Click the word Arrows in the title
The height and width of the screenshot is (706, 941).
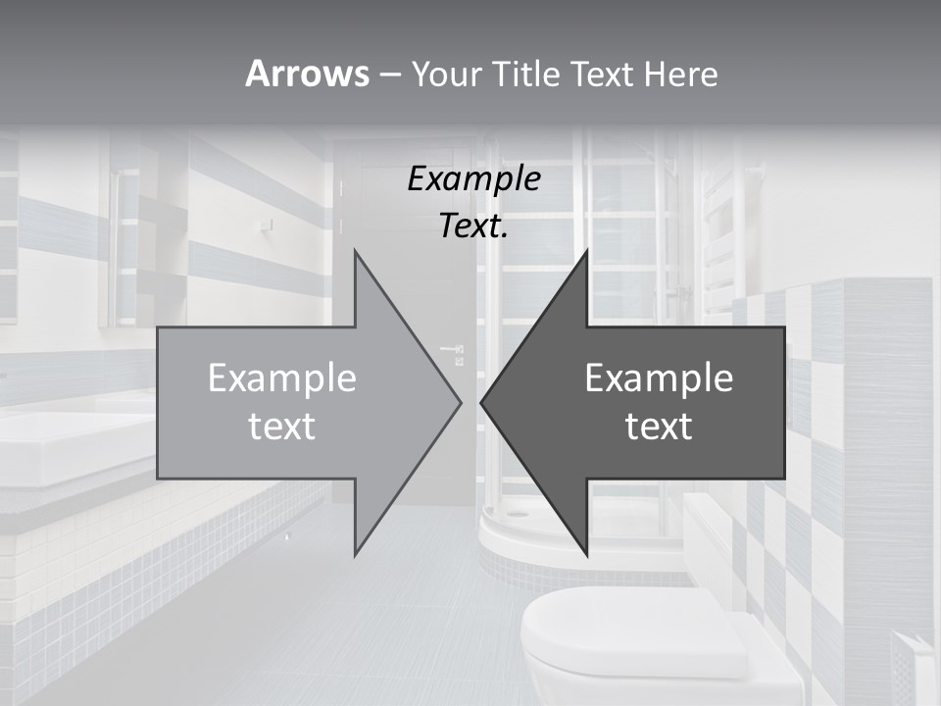click(x=307, y=74)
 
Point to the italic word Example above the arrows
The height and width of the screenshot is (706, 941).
click(x=473, y=178)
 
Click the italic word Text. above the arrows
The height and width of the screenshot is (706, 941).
click(x=473, y=227)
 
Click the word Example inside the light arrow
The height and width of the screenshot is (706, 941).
click(x=282, y=378)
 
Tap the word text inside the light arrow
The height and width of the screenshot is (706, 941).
click(x=282, y=427)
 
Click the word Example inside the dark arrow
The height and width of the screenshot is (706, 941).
click(x=659, y=378)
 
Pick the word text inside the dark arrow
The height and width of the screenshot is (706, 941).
click(x=659, y=427)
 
